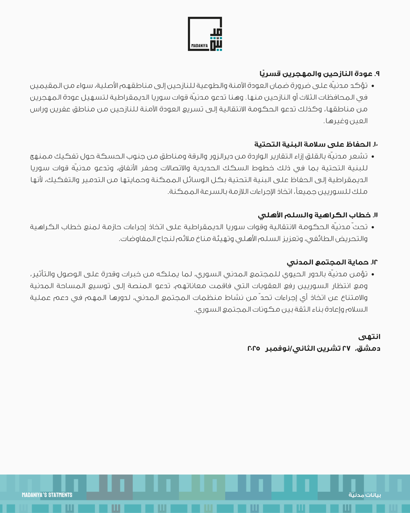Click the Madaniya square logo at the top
tap(205, 34)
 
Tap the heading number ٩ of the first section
tap(377, 74)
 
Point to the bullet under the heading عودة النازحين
tap(372, 85)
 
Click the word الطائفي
tap(316, 239)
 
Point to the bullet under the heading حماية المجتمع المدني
tap(372, 274)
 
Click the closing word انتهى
tap(370, 337)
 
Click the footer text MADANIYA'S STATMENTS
tap(47, 495)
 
